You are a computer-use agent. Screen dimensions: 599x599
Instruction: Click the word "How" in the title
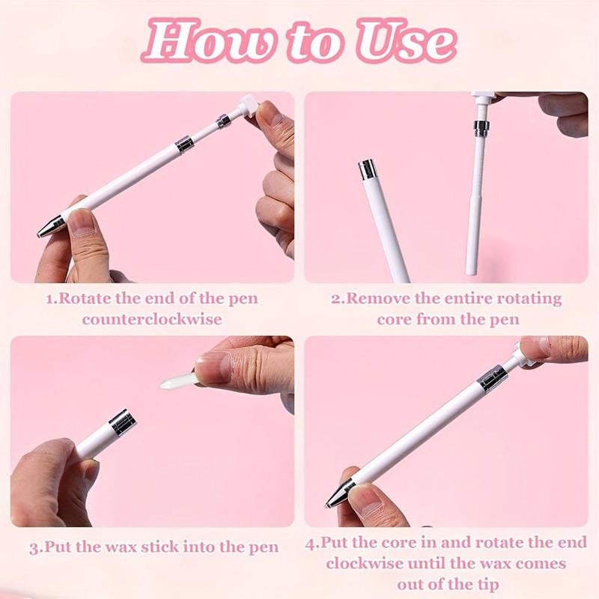[207, 42]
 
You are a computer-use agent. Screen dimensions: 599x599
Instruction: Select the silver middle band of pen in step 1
[183, 144]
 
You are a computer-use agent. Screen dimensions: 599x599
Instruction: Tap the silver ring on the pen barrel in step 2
[367, 171]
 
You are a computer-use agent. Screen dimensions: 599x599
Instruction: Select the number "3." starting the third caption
[35, 547]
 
